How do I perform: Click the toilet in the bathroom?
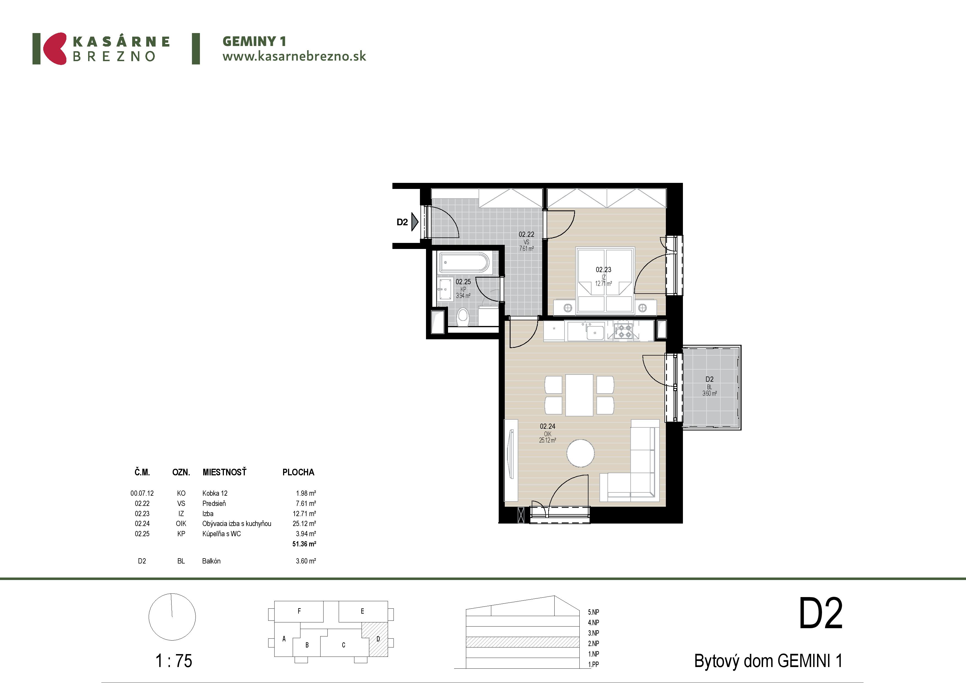[x=463, y=316]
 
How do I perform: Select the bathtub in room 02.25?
[x=464, y=262]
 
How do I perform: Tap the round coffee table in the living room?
[x=580, y=453]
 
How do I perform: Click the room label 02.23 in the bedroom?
[x=603, y=269]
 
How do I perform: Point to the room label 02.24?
[x=547, y=426]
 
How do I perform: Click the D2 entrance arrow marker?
[x=415, y=222]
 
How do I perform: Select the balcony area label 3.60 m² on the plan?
[x=709, y=394]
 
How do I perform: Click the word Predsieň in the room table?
[x=214, y=503]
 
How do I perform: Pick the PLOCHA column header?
[x=298, y=472]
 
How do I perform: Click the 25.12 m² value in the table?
[x=304, y=524]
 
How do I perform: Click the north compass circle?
[x=172, y=617]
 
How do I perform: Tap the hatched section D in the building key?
[x=375, y=639]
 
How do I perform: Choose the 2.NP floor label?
[x=594, y=643]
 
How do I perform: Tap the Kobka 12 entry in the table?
[x=215, y=493]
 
